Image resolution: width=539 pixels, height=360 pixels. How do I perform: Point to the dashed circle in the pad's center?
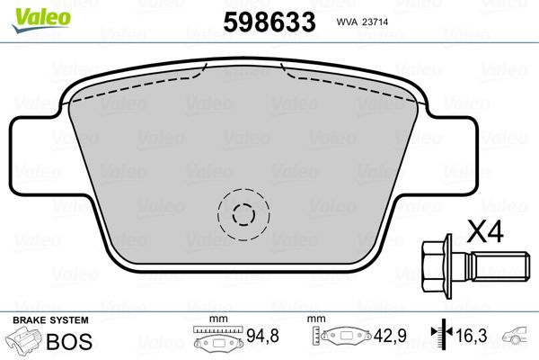243,214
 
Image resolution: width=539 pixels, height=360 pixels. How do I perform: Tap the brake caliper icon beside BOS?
25,341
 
